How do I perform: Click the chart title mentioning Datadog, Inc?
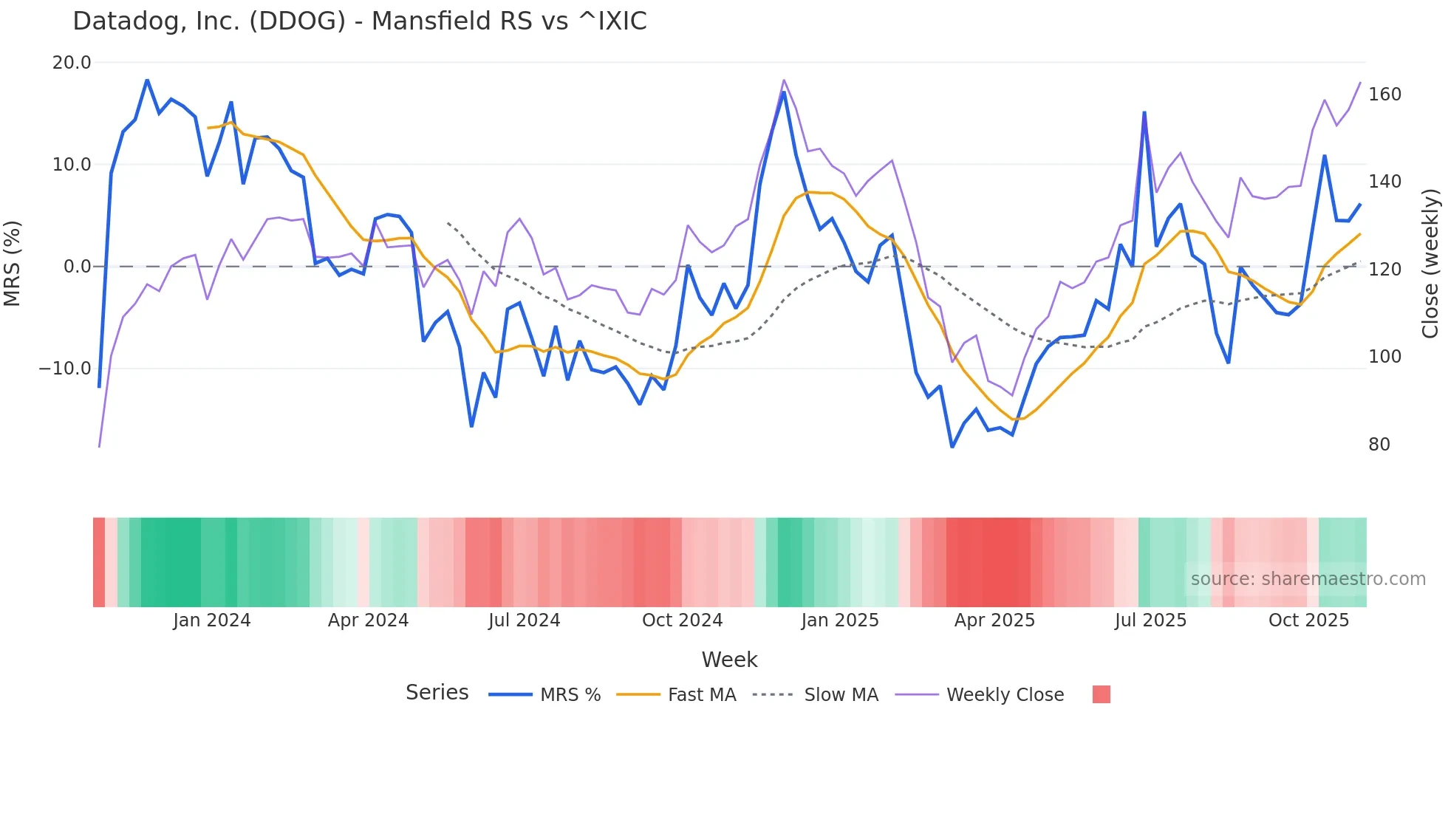(x=360, y=21)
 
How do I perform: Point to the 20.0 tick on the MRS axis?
(x=72, y=63)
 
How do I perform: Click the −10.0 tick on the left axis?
(x=65, y=368)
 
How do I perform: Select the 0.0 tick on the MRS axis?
(x=77, y=266)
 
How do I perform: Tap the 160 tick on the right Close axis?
(x=1384, y=95)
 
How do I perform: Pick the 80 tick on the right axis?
(x=1379, y=444)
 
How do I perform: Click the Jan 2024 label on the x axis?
(x=212, y=620)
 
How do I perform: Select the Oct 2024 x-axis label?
(x=682, y=620)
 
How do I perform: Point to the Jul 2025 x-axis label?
(x=1150, y=620)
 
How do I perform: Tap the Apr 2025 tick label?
(x=994, y=620)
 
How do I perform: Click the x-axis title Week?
(x=729, y=659)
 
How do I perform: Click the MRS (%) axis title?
(x=13, y=263)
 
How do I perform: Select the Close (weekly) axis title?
(x=1430, y=264)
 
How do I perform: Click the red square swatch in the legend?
(x=1101, y=694)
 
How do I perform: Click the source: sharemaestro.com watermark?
(x=1308, y=578)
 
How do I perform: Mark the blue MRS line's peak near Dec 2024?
(x=784, y=92)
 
